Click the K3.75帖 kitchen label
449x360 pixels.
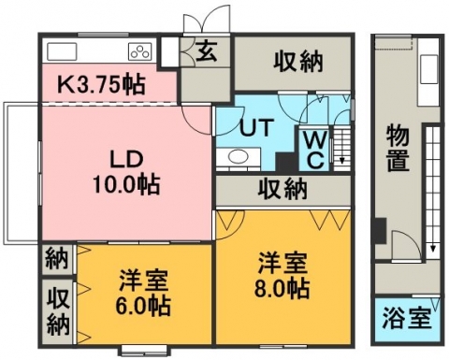tap(102, 84)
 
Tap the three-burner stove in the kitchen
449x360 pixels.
tap(140, 51)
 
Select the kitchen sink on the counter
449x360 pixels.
tap(62, 51)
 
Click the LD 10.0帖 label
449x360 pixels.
tap(126, 172)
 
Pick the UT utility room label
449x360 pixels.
tap(256, 127)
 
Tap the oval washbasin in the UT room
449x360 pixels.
tap(239, 156)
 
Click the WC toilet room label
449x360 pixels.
tap(315, 150)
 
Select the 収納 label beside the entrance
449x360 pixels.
tap(298, 62)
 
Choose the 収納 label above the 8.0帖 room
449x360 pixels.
tap(282, 188)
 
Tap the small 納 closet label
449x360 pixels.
tap(57, 258)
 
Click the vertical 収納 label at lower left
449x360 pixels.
tap(58, 312)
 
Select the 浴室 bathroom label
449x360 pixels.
tap(407, 319)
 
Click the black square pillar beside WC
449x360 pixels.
tap(285, 162)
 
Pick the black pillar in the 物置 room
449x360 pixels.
tap(381, 230)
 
